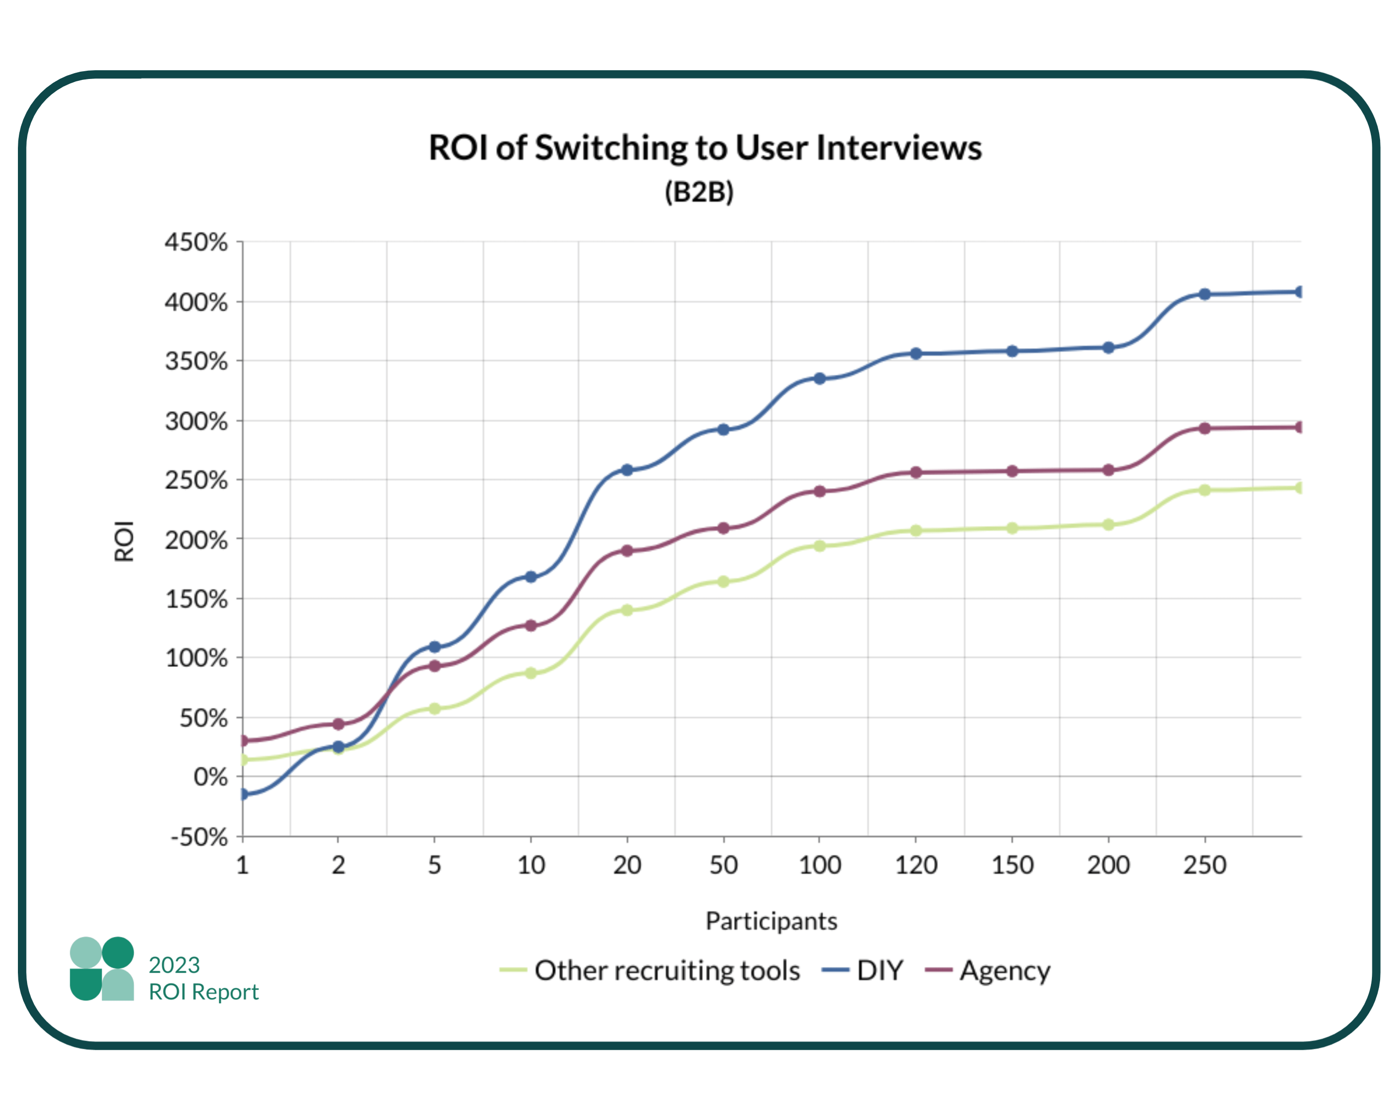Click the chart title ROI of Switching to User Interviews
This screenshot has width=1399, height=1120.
705,148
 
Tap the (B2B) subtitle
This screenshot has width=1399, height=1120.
699,192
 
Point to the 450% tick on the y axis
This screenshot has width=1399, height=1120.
196,243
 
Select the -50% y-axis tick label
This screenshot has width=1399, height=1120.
198,838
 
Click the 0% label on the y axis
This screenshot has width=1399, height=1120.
210,777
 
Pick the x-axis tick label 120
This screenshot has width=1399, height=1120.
915,866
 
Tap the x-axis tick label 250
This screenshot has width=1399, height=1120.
1204,866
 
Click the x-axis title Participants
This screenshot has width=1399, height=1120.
771,921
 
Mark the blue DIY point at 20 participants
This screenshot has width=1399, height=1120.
627,470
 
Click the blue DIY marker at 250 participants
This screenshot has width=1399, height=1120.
1204,294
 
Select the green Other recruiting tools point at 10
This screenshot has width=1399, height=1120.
531,673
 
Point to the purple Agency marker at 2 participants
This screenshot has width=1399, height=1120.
338,724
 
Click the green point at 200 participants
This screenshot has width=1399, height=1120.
1108,525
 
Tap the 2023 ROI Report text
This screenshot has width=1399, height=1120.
203,979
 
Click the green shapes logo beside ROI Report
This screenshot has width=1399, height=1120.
102,969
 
